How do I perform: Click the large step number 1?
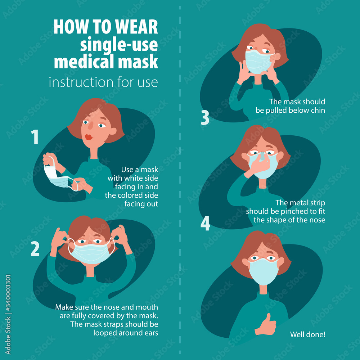coord(35,137)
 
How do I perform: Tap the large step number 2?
coord(35,248)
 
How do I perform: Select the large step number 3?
coord(205,117)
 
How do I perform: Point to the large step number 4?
coord(205,223)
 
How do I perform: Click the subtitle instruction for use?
coord(103,82)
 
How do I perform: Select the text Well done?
coord(307,334)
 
